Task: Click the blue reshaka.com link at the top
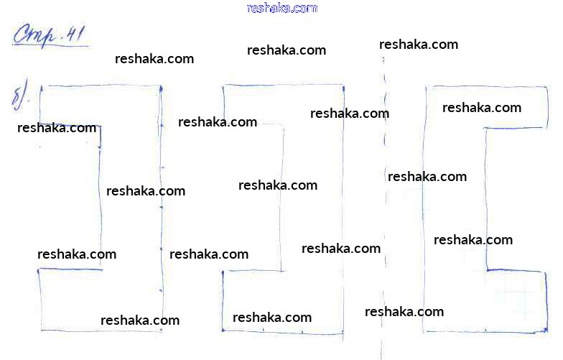click(x=282, y=8)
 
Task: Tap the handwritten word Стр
click(x=35, y=35)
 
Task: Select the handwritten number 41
click(x=75, y=34)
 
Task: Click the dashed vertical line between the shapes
click(x=385, y=208)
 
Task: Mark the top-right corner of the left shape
click(x=161, y=86)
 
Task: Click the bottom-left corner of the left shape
click(x=42, y=330)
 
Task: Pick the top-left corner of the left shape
click(x=40, y=86)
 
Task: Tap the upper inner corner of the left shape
click(x=101, y=126)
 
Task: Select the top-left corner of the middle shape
click(x=223, y=86)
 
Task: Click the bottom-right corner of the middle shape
click(x=343, y=334)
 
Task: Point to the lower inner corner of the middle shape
click(x=281, y=271)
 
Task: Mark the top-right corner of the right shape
click(x=547, y=88)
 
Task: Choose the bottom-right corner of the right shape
click(x=546, y=331)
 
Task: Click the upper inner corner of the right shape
click(x=486, y=128)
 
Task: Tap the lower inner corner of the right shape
click(x=487, y=269)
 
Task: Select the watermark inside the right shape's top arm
click(x=481, y=108)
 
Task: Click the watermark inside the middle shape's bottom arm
click(x=271, y=318)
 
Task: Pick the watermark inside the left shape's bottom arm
click(x=139, y=320)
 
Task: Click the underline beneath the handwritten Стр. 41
click(x=50, y=45)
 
